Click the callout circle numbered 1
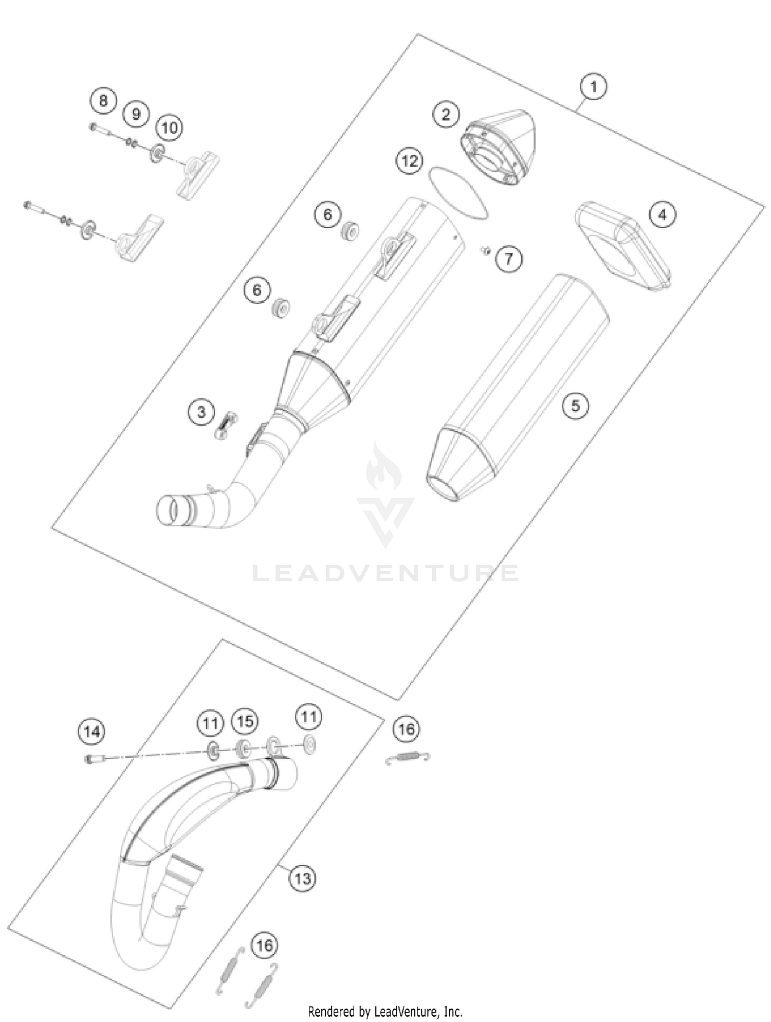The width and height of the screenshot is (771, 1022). point(593,86)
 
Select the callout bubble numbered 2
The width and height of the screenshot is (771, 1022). point(446,114)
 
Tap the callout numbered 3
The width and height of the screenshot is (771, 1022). point(201,411)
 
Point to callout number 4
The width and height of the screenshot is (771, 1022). point(662,214)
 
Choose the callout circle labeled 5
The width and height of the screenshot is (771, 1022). point(575,406)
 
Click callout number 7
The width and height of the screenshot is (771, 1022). point(508,258)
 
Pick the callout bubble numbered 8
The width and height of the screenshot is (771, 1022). point(103,100)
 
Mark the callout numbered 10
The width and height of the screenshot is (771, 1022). point(169,127)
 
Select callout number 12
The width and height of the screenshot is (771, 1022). point(410,161)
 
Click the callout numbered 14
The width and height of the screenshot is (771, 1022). point(92,731)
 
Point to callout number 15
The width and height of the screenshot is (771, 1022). point(245,721)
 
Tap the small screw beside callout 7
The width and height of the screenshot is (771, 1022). point(485,250)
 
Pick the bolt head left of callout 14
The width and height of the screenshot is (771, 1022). point(88,758)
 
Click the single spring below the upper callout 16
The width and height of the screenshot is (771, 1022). point(408,757)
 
